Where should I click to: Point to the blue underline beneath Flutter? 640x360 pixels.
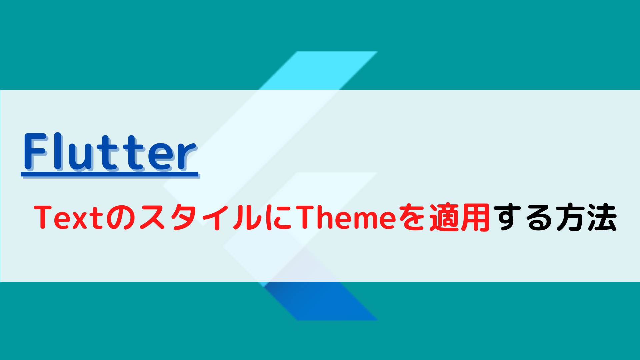point(110,175)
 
